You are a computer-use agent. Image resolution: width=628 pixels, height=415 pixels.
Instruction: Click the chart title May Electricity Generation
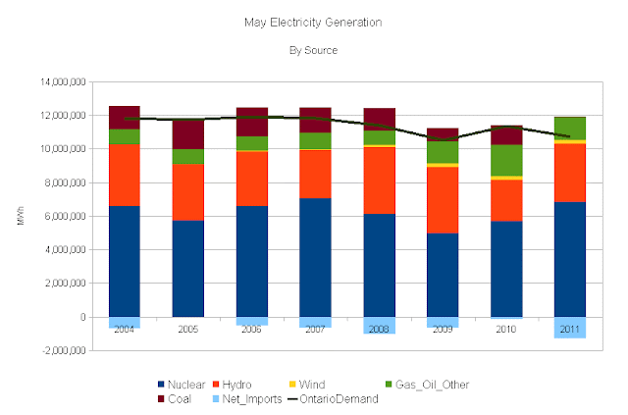[313, 21]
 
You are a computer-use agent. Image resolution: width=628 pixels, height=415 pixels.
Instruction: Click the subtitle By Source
[314, 49]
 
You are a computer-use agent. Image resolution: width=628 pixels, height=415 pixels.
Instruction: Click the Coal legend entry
[174, 399]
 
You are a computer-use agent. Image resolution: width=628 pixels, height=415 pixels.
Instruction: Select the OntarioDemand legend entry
[332, 399]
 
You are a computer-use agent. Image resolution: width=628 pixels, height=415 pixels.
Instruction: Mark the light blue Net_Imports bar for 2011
[569, 328]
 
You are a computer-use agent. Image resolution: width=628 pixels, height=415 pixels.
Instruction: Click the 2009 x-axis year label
[443, 330]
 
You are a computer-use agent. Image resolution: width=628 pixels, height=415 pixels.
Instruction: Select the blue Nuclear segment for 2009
[443, 275]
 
